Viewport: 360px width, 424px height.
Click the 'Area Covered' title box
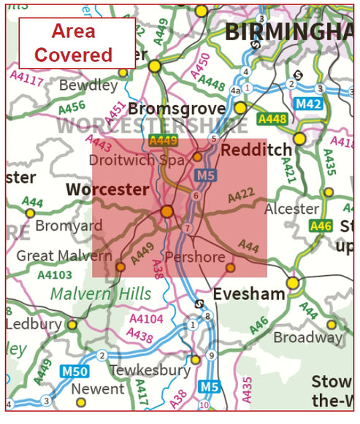77,43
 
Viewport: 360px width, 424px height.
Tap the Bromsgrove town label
175,109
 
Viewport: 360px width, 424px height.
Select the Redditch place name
250,150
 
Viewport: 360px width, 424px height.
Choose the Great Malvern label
65,255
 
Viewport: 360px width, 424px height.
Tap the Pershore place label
194,257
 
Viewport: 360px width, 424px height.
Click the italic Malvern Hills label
102,294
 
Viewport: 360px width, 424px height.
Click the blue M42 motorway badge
309,104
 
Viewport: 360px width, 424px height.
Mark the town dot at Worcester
167,211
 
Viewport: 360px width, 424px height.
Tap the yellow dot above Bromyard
30,213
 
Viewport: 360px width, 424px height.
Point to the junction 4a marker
235,90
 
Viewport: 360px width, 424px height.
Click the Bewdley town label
88,85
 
